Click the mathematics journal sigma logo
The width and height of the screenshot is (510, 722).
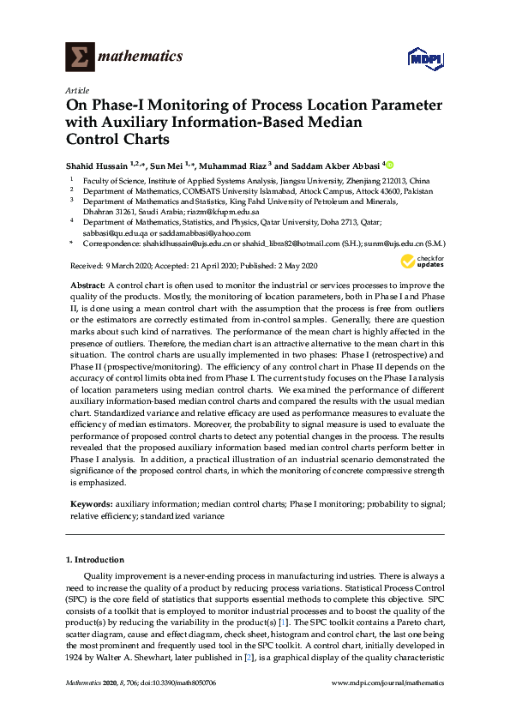pyautogui.click(x=80, y=57)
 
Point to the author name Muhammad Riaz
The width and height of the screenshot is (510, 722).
pyautogui.click(x=231, y=164)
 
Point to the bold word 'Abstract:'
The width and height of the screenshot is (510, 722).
pyautogui.click(x=87, y=284)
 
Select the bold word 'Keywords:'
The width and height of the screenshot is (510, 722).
pyautogui.click(x=89, y=504)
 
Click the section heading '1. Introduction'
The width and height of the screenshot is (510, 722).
pyautogui.click(x=94, y=559)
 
